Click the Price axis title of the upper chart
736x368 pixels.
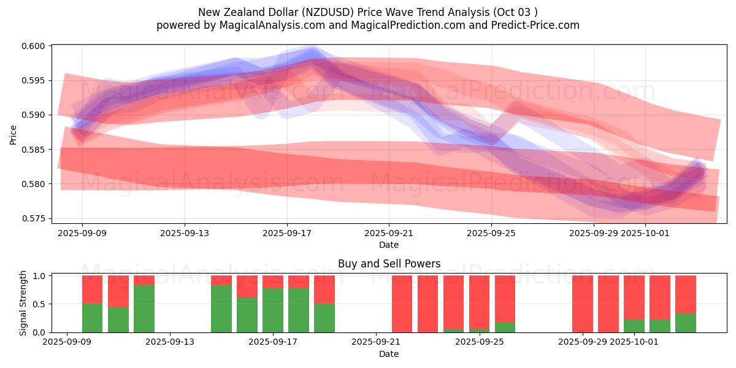coord(13,134)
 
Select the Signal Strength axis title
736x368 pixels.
coord(23,303)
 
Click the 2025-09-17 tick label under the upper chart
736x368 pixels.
coord(286,233)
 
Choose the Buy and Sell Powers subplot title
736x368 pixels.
coord(389,264)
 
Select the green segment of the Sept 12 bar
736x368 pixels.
coord(144,309)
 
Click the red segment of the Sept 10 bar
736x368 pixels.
coord(118,291)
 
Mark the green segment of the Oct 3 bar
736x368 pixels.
coord(686,323)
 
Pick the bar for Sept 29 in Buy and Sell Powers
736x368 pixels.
coord(583,304)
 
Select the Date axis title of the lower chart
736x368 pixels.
coord(389,354)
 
